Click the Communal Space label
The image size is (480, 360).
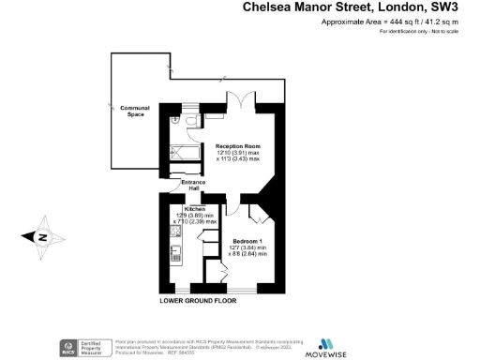[x=135, y=112]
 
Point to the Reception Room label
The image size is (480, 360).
[x=237, y=147]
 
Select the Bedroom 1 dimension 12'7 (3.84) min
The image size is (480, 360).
[x=248, y=247]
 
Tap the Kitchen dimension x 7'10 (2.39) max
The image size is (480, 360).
[x=196, y=222]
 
